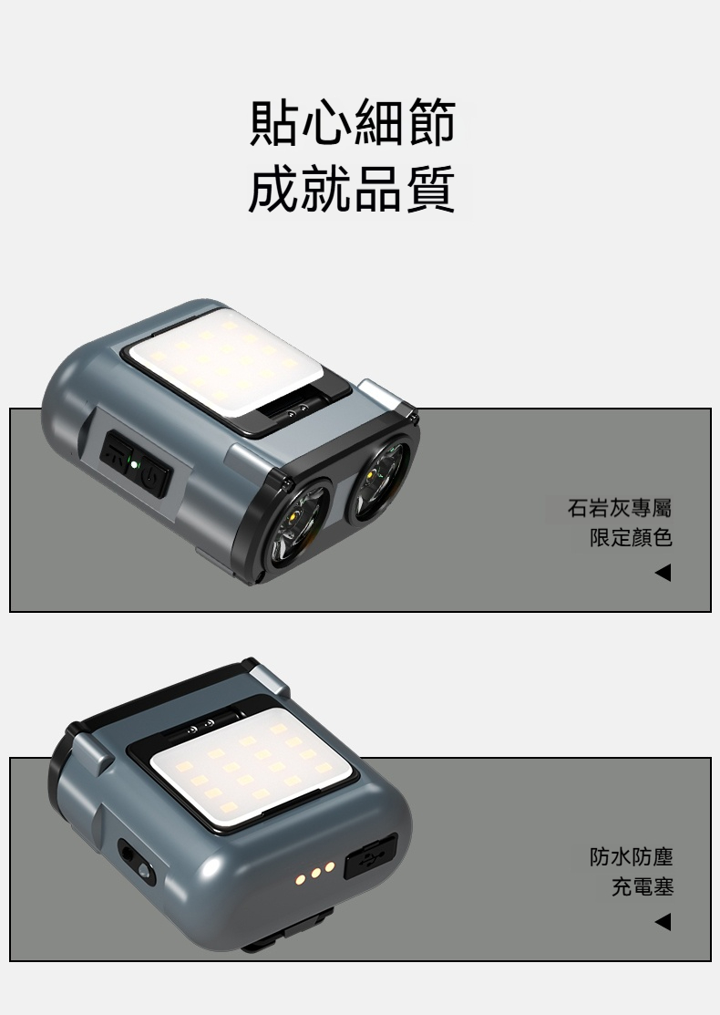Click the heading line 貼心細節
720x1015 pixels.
pos(353,121)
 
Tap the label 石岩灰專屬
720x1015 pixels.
pos(620,508)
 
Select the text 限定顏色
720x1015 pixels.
pos(631,537)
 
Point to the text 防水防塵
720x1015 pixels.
pos(631,857)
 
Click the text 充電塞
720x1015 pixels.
pos(642,886)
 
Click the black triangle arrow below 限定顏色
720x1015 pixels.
pos(663,573)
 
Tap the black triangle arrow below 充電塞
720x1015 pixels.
pos(663,921)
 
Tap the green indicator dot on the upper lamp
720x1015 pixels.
pos(133,464)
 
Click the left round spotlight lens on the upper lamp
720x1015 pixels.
pos(297,525)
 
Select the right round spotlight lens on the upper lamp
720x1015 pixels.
pos(379,476)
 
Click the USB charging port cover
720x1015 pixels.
pos(369,856)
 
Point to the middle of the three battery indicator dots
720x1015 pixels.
pos(315,874)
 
